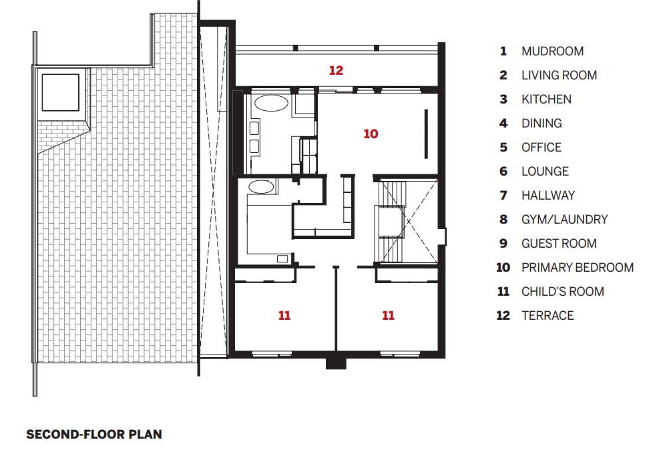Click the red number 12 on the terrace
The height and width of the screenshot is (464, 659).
336,70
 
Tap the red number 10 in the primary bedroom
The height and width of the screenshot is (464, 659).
371,134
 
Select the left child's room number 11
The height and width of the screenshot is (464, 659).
284,315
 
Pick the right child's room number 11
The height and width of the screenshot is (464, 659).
388,315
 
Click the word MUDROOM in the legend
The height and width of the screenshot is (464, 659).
553,51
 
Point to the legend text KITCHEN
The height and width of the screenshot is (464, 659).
546,99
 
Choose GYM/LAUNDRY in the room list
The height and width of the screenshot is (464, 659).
564,220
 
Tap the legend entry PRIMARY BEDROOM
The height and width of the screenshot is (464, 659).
578,267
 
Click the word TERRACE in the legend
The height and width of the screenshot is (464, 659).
547,315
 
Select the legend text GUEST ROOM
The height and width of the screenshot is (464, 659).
559,243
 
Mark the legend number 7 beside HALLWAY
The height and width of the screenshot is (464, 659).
503,196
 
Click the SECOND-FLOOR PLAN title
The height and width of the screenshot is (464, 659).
94,434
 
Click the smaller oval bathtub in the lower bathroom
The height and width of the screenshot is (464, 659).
261,187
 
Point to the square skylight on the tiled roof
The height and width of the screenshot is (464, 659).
61,92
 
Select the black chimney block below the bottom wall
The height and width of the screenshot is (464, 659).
337,363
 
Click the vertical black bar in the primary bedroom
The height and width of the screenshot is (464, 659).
426,134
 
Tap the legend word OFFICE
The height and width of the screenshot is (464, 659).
541,148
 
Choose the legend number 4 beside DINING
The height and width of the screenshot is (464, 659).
503,124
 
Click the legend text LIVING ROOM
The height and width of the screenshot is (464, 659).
560,75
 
